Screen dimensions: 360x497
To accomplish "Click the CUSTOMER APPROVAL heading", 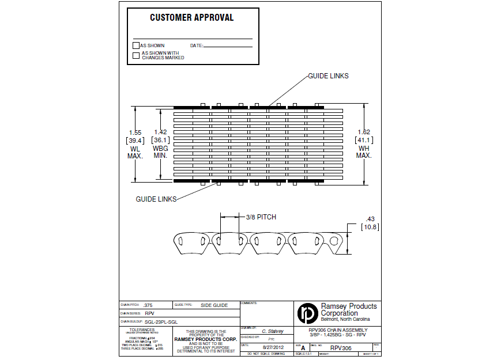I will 191,18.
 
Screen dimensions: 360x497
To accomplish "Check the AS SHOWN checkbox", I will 136,46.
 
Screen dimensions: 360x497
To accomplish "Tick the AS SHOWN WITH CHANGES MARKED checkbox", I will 136,55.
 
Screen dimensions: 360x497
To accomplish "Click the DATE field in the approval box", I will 228,46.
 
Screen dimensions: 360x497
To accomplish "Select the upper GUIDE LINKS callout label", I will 328,76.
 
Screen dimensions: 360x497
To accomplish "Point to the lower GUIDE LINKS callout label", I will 156,199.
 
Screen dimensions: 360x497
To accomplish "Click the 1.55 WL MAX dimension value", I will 135,132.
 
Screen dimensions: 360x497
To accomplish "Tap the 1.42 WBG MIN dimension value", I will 160,132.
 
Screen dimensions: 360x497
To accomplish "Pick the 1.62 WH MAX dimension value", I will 364,132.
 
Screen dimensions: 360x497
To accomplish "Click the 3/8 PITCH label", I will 261,217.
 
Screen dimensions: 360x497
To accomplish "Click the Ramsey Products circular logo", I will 307,313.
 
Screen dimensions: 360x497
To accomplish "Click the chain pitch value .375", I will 148,305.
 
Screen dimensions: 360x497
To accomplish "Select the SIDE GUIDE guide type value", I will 214,305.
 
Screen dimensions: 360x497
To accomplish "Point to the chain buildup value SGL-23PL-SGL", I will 161,321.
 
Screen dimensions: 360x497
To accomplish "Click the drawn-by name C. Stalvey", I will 273,331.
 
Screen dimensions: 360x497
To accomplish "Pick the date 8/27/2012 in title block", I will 272,348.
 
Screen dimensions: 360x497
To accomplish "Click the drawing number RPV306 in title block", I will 340,348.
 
